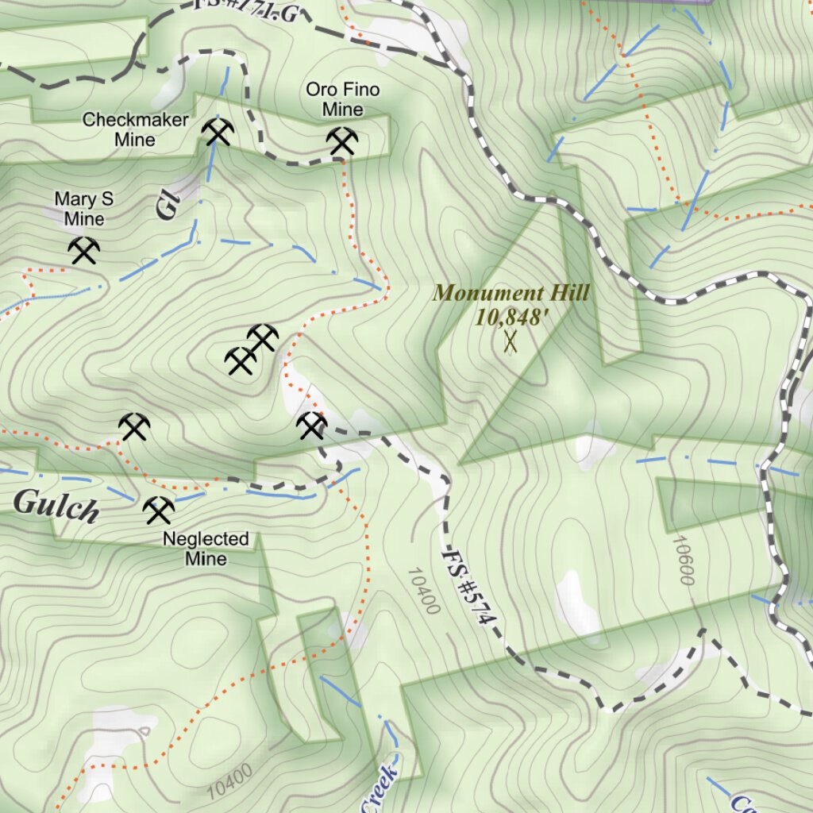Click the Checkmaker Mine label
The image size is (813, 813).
(136, 129)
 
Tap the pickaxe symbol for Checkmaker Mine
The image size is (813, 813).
(217, 132)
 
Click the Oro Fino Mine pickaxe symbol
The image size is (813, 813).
(342, 141)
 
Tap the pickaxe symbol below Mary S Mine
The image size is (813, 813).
(83, 251)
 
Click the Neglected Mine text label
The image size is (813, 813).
(206, 549)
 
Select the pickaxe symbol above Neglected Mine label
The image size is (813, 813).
(159, 510)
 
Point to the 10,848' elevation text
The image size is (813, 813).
(511, 318)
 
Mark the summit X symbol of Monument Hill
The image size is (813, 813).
(511, 342)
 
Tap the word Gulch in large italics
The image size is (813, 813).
(56, 506)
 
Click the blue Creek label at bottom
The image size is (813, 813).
(380, 788)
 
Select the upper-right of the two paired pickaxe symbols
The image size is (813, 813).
(263, 338)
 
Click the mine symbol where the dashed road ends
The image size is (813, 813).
(311, 426)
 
